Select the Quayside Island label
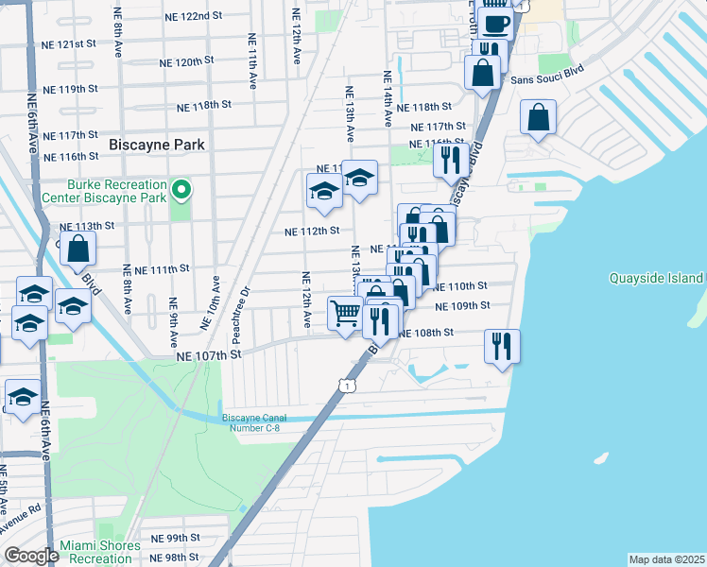coord(656,278)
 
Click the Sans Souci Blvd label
coord(548,80)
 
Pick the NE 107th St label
coord(209,354)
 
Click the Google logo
coord(31,556)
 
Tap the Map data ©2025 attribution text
coord(666,559)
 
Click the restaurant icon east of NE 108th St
coord(501,345)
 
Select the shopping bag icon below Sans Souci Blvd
coord(538,118)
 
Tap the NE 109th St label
coord(462,306)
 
